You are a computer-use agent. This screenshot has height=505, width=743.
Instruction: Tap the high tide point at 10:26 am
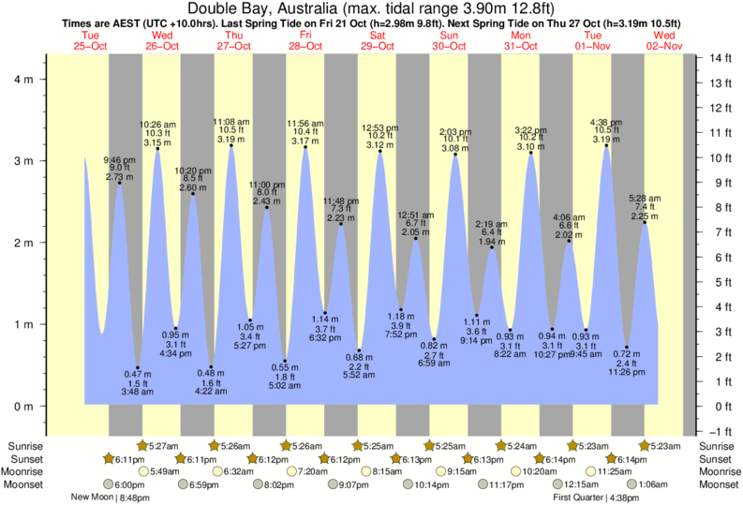(156, 149)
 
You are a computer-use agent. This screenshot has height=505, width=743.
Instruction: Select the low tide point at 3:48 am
(138, 367)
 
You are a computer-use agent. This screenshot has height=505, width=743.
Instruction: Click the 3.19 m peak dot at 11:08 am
(230, 145)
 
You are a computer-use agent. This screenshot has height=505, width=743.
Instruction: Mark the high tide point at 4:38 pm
(606, 145)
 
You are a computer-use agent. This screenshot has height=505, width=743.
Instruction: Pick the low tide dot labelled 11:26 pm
(627, 347)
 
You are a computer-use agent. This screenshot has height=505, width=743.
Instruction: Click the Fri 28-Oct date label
(305, 40)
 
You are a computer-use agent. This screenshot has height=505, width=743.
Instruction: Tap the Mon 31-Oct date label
(521, 40)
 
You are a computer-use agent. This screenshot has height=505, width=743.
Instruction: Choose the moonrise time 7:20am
(311, 471)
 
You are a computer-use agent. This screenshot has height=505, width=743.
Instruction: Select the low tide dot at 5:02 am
(286, 361)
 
